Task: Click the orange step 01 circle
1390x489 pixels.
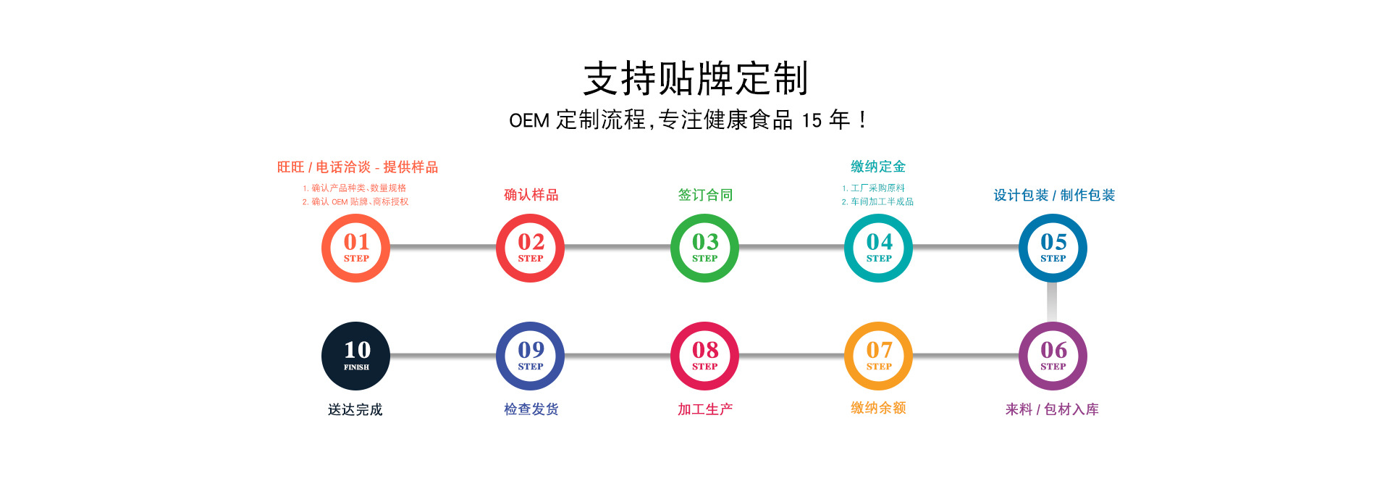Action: [x=355, y=248]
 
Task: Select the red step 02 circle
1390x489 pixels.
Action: [x=530, y=248]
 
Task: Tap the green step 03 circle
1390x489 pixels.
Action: [x=704, y=248]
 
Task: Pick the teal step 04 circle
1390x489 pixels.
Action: [x=878, y=248]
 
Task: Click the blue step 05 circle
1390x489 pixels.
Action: [x=1053, y=248]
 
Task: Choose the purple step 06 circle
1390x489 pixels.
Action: [x=1053, y=356]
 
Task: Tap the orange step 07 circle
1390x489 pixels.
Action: [x=878, y=356]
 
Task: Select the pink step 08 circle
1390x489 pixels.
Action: [x=704, y=356]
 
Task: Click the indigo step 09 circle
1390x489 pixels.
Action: [x=530, y=356]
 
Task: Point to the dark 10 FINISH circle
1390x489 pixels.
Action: [x=355, y=356]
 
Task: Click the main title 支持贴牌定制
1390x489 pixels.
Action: [x=695, y=78]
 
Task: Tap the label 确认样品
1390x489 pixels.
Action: [x=531, y=195]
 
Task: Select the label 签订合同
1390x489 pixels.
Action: [x=705, y=195]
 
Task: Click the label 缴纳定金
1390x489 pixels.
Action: [x=878, y=167]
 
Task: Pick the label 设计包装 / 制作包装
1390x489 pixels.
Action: [x=1053, y=195]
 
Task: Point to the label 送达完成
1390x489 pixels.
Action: [x=355, y=409]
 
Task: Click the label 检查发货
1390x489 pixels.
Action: [x=531, y=409]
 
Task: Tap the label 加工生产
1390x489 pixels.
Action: [x=705, y=409]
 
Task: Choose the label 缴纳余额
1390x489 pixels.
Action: [x=878, y=408]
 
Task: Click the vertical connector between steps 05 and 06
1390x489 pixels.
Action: [x=1052, y=301]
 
